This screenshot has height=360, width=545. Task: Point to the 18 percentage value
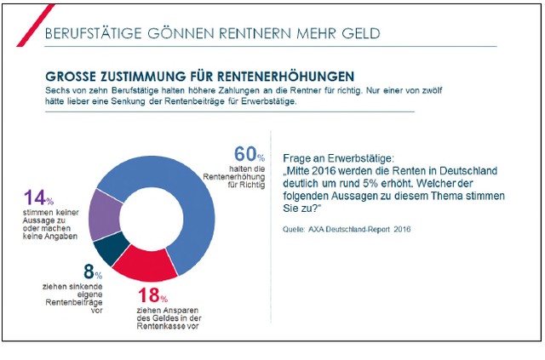148,295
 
